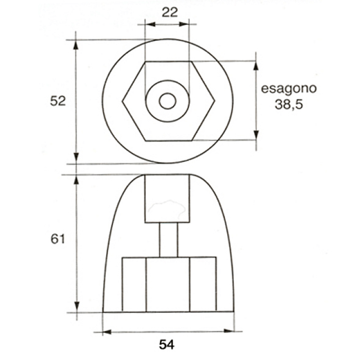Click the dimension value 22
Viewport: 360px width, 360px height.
click(x=169, y=12)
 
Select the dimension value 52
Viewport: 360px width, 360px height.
click(x=58, y=101)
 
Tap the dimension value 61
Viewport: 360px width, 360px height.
click(x=58, y=239)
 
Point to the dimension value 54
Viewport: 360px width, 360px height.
click(x=167, y=344)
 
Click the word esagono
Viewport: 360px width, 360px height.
click(x=289, y=89)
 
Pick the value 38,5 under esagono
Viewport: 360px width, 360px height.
click(x=289, y=105)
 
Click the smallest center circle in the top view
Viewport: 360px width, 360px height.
click(x=168, y=101)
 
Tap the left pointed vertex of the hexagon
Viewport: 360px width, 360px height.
click(x=122, y=101)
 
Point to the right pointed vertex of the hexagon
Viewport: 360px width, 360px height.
click(x=215, y=101)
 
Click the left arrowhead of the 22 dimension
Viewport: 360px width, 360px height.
click(x=150, y=24)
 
